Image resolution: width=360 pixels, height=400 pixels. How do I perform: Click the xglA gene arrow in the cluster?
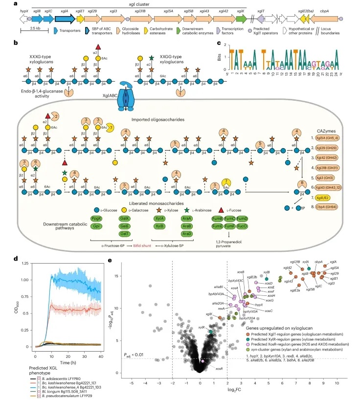pyautogui.click(x=65, y=18)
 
